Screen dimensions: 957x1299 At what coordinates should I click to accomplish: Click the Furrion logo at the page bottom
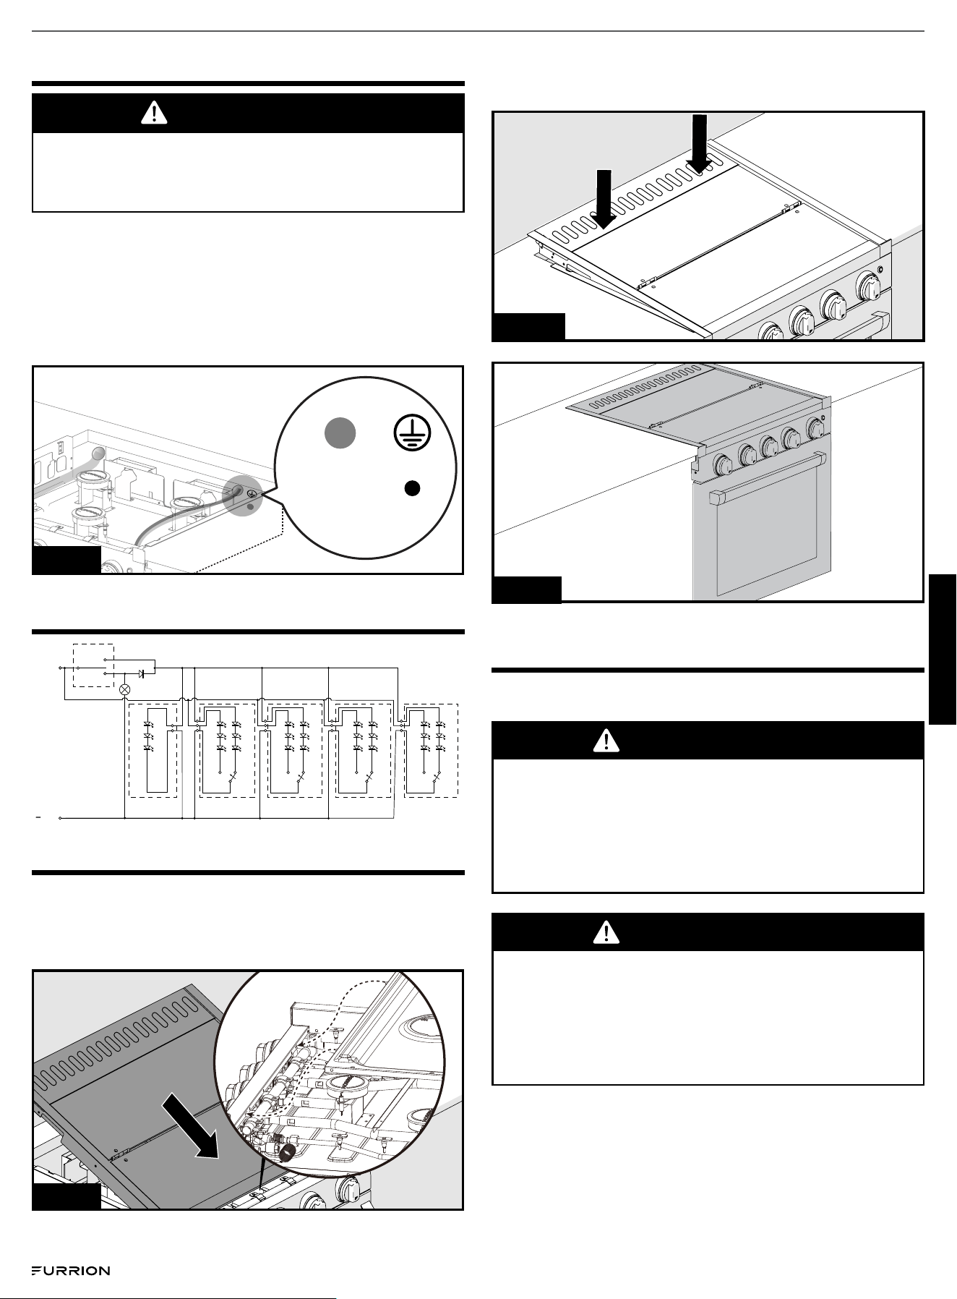point(71,1271)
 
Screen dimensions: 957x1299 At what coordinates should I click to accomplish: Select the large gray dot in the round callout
point(339,433)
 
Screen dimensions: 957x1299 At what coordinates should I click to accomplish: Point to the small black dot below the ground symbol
point(411,488)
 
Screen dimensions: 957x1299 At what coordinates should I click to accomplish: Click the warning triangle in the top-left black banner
point(154,113)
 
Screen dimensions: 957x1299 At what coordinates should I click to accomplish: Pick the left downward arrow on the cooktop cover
point(604,194)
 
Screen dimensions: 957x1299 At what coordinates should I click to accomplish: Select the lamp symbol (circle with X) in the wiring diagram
point(124,689)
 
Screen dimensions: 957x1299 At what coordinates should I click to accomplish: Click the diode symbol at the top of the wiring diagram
point(142,673)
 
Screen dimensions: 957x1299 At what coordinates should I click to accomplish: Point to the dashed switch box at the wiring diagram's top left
point(93,665)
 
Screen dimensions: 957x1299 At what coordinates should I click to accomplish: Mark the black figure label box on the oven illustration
point(526,589)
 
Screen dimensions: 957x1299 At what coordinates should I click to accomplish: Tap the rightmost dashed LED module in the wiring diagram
point(431,750)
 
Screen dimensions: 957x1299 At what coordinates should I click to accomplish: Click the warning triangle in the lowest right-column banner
point(606,933)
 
